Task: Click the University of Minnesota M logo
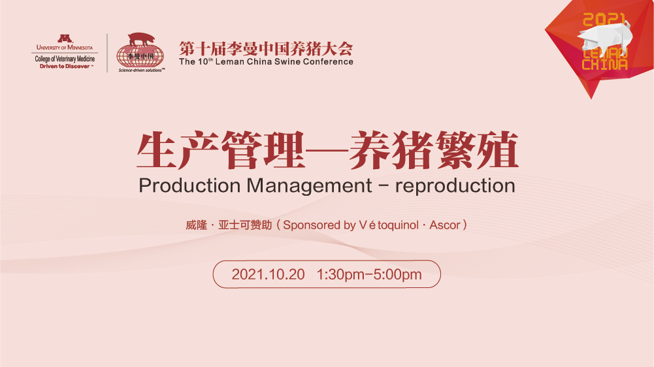click(x=65, y=39)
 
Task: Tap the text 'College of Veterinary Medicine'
click(x=65, y=59)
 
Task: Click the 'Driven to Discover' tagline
click(x=65, y=67)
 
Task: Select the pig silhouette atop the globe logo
click(x=141, y=39)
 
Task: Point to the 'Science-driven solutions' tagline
click(x=141, y=70)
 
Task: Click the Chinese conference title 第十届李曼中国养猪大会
click(x=266, y=49)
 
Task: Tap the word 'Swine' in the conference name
click(x=287, y=62)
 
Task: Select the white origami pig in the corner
click(x=605, y=39)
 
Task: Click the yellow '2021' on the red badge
click(x=604, y=20)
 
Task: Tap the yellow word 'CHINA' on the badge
click(x=605, y=64)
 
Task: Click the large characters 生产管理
click(x=221, y=150)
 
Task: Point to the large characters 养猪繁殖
click(x=434, y=150)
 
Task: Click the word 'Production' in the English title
click(x=189, y=185)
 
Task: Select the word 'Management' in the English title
click(x=309, y=186)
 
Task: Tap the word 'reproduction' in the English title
click(x=455, y=186)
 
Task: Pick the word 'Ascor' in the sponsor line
click(x=445, y=225)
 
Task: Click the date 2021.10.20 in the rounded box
click(x=268, y=274)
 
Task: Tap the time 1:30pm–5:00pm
click(x=369, y=274)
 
